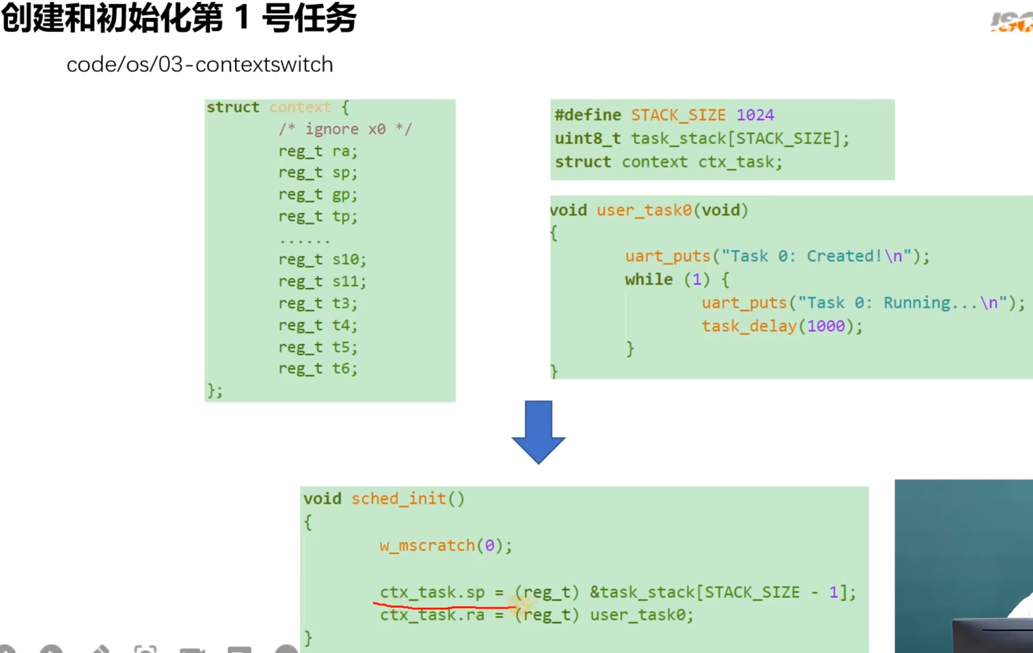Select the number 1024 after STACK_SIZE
point(755,115)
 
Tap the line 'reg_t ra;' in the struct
point(317,151)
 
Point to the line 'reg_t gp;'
point(317,195)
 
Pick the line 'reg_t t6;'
point(317,368)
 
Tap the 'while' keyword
point(648,280)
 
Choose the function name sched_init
point(398,499)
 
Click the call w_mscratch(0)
point(445,545)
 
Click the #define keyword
point(588,115)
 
